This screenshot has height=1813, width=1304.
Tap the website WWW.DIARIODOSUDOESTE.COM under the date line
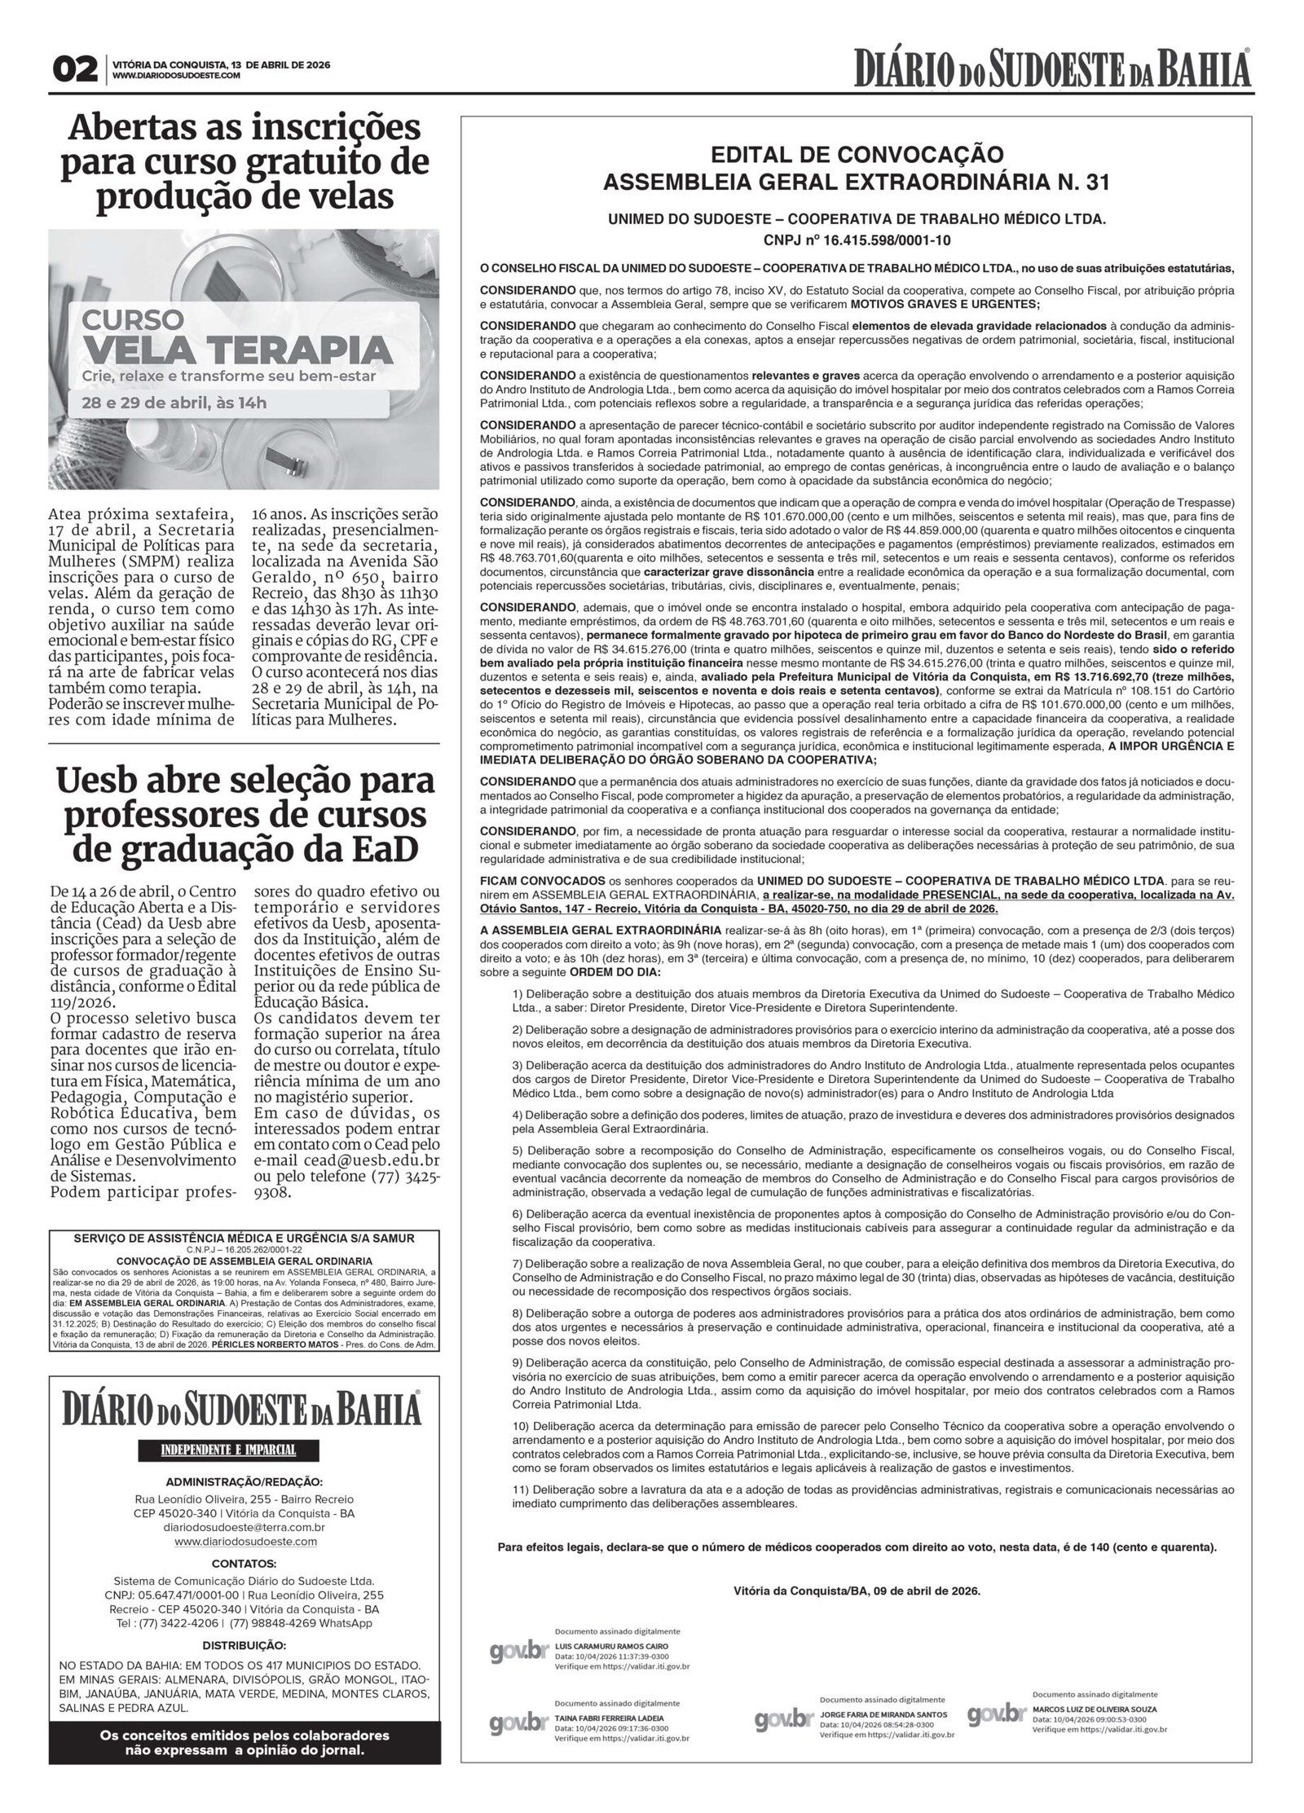[176, 76]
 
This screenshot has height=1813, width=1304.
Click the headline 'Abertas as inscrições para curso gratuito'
[244, 162]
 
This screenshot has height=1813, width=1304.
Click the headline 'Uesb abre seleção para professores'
[244, 815]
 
